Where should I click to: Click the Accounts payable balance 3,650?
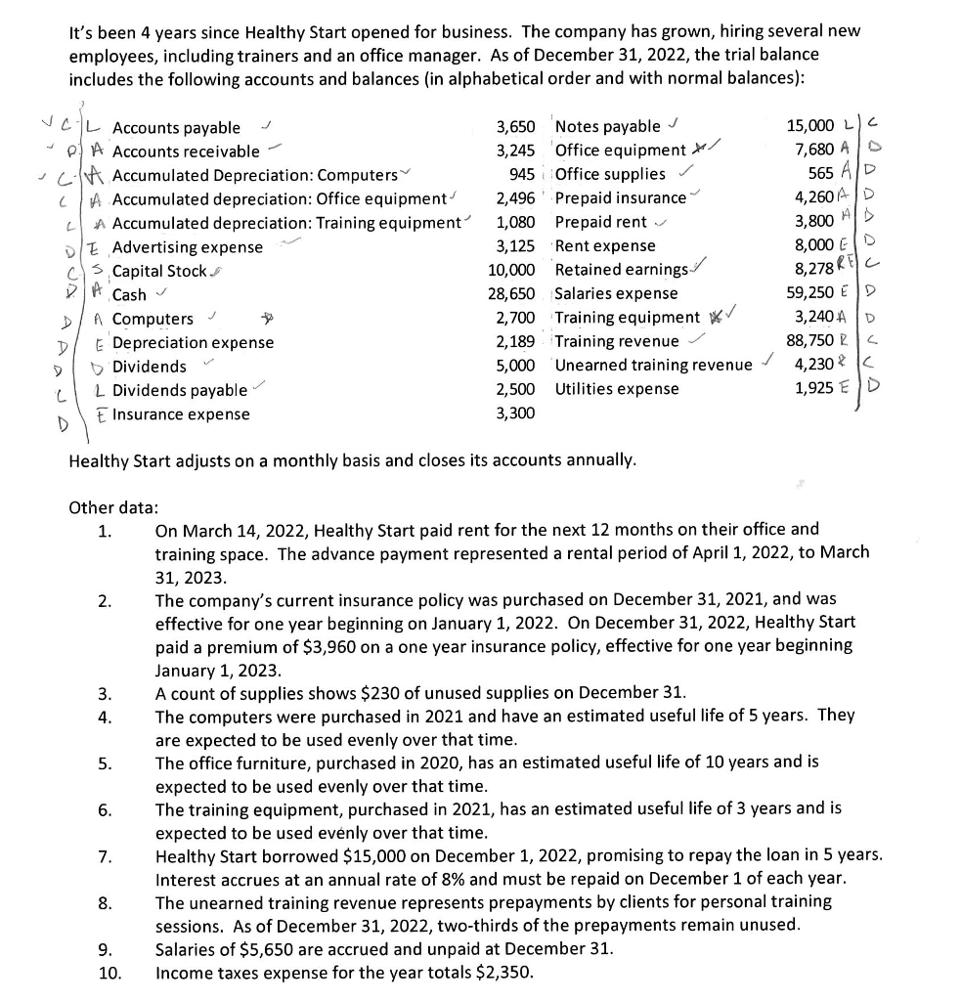click(515, 127)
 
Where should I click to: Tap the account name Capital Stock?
click(159, 271)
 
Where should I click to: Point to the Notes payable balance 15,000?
click(810, 126)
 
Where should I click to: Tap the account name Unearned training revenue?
click(653, 366)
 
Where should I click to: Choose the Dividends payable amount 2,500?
click(515, 389)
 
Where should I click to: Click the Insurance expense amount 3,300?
click(515, 413)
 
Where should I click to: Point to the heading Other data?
click(113, 507)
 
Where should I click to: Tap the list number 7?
click(104, 857)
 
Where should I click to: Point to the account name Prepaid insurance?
click(620, 198)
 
